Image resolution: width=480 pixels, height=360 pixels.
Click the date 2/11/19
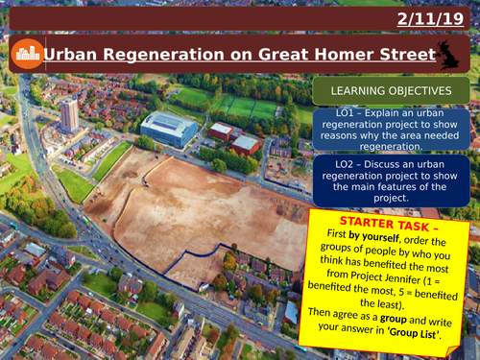(438, 18)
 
